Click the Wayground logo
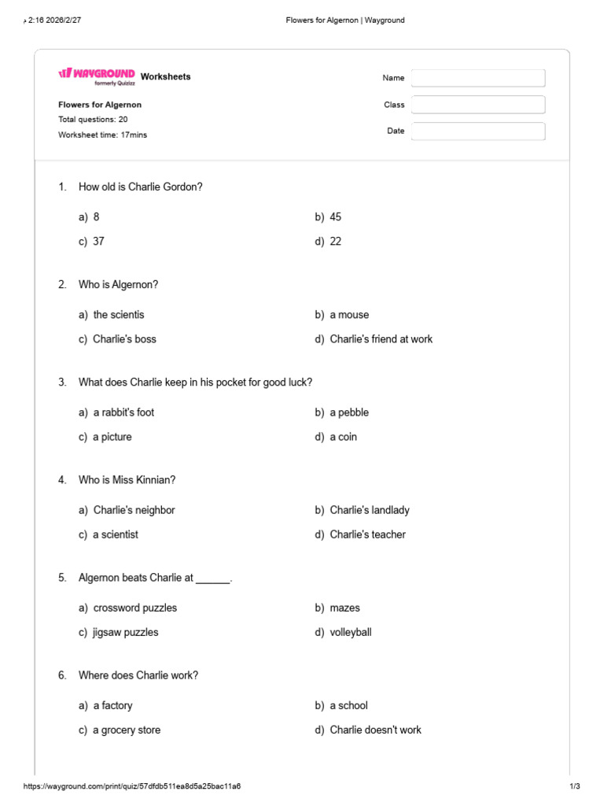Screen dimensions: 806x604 [96, 75]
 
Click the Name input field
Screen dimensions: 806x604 [478, 78]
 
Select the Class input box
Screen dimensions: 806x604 [478, 105]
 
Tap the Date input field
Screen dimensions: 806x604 [478, 131]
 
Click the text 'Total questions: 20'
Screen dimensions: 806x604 [93, 120]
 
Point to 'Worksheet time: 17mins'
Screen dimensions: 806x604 [102, 135]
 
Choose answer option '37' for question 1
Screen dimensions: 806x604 [98, 242]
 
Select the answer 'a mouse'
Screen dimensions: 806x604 [349, 315]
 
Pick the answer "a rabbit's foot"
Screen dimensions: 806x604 [123, 412]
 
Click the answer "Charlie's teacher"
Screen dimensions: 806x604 [367, 534]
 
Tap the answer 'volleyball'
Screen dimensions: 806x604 [351, 632]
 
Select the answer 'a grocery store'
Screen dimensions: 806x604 [127, 730]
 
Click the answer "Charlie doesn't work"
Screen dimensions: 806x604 [375, 730]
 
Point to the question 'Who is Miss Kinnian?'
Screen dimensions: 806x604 [127, 480]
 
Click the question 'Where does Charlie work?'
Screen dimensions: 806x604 [138, 675]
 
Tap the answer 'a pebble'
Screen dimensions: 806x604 [349, 412]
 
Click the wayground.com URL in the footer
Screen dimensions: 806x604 [132, 786]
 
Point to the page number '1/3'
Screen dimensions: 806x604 [574, 786]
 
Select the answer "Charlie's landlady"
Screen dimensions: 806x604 [370, 510]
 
